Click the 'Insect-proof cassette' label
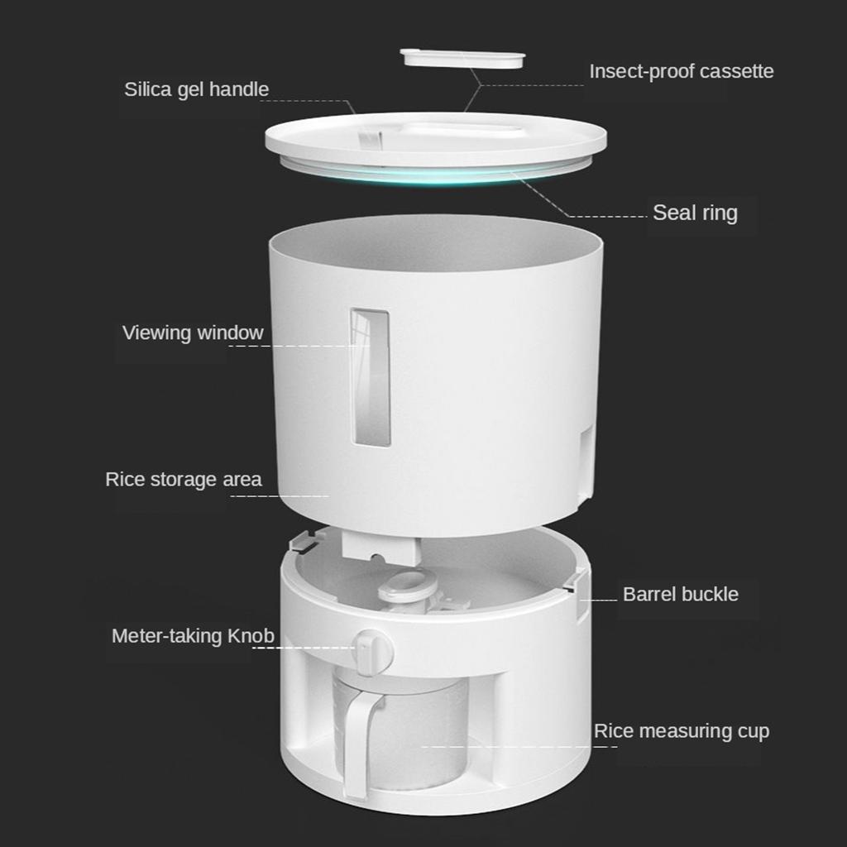(681, 71)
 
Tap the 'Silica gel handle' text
(196, 89)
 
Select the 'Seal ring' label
(695, 213)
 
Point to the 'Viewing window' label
(193, 333)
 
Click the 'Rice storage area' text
(183, 479)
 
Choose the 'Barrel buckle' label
(680, 594)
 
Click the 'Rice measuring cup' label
(681, 731)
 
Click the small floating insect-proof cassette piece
(462, 59)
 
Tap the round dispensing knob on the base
(373, 649)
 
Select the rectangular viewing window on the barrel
(370, 377)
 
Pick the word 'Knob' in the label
(252, 636)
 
